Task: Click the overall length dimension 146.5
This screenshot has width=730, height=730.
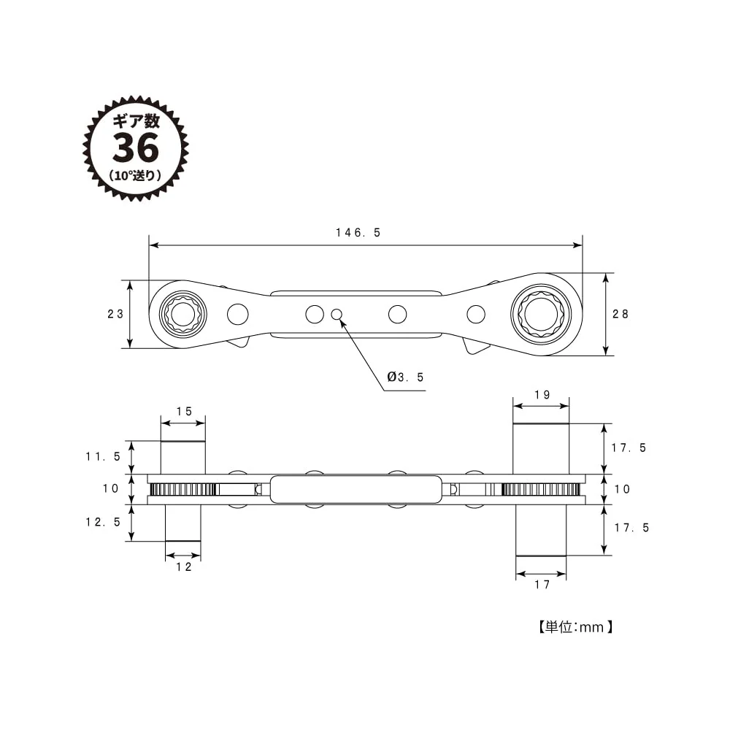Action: click(358, 232)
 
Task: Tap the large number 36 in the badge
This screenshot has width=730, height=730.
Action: click(136, 148)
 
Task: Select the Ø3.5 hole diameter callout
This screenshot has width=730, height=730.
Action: click(405, 377)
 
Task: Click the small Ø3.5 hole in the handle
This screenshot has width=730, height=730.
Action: click(337, 314)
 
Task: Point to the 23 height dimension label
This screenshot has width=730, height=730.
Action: click(115, 314)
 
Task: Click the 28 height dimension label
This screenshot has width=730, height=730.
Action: click(620, 314)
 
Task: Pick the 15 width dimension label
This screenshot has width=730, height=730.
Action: click(184, 412)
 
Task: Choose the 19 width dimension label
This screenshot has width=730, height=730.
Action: click(542, 395)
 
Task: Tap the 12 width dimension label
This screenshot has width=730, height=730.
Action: click(183, 566)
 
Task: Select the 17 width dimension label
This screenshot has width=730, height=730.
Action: click(542, 585)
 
